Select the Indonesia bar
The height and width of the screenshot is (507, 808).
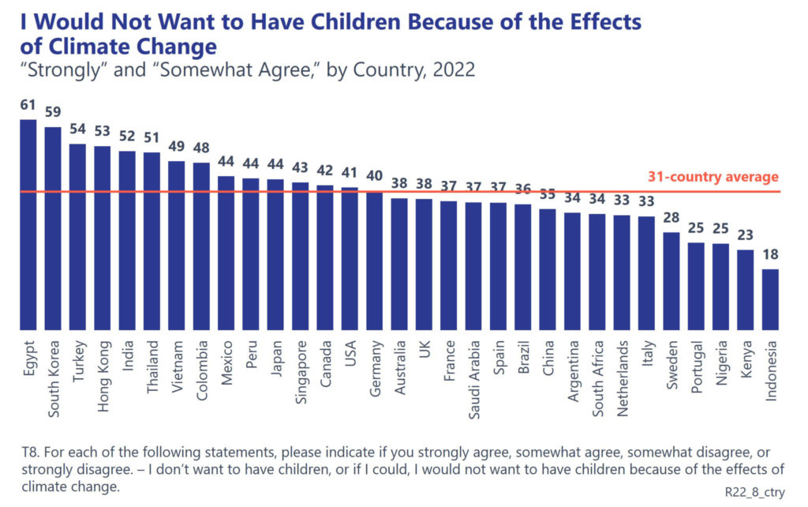770,299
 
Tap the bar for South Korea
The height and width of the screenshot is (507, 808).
53,228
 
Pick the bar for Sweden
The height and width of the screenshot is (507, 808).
671,280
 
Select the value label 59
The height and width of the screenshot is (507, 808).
53,111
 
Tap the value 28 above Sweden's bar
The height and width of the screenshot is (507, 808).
671,217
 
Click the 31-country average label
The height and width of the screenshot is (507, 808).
713,177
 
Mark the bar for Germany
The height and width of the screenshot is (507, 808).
375,261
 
